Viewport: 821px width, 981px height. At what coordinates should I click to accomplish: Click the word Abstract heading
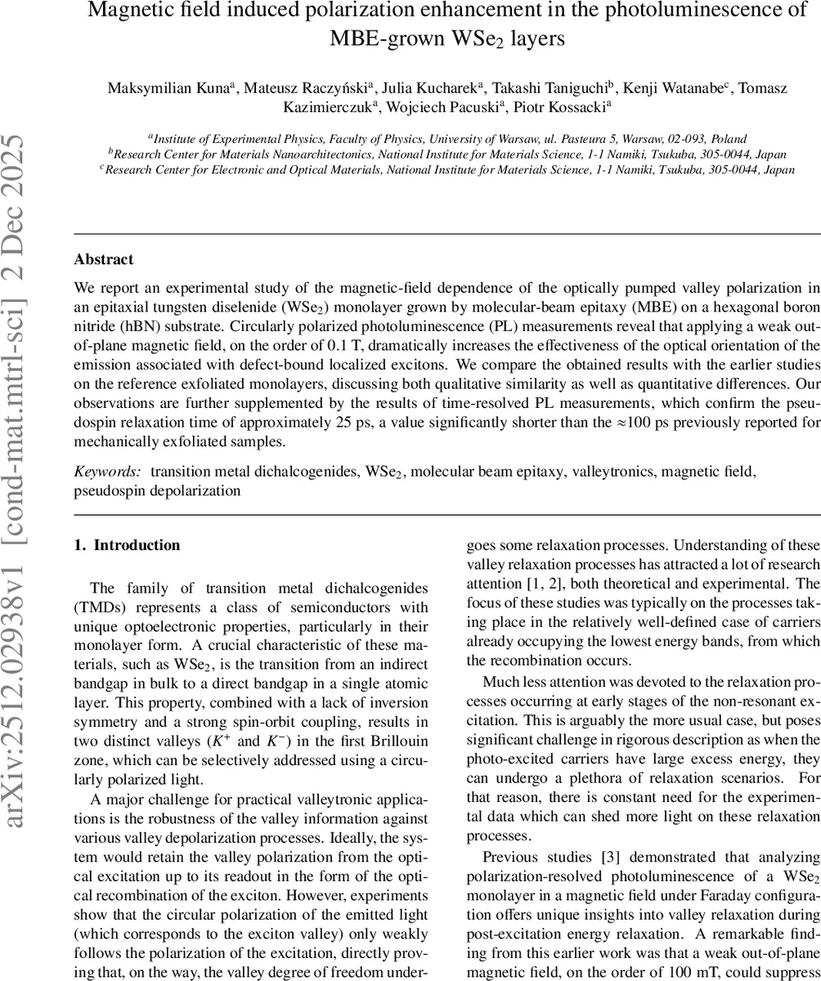coord(103,259)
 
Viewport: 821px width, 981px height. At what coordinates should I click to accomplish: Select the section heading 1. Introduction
coord(127,545)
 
